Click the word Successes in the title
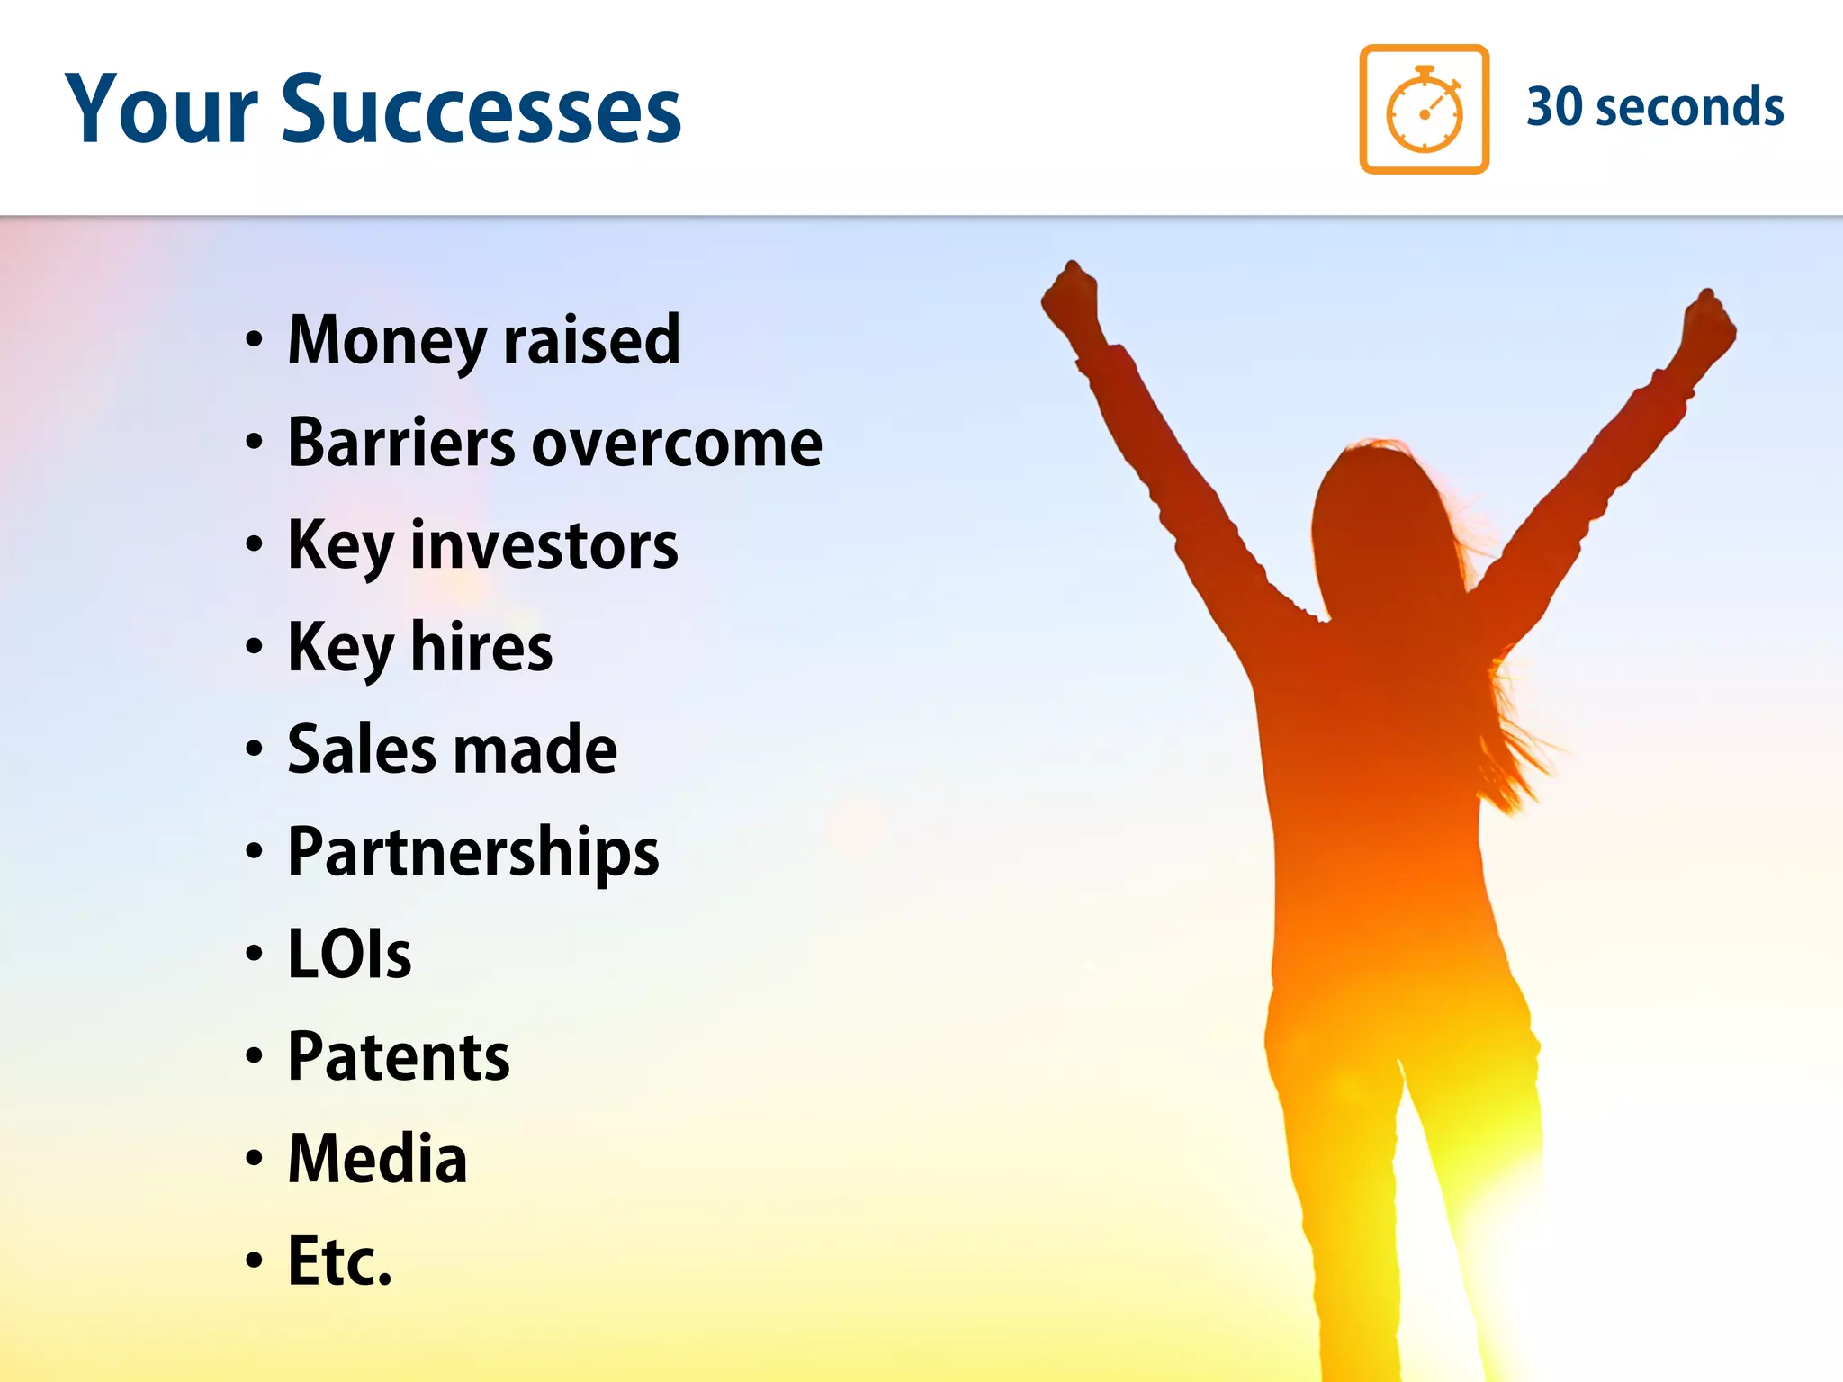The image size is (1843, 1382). click(x=481, y=110)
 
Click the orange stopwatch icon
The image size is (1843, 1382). click(x=1424, y=109)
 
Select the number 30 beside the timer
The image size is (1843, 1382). click(x=1554, y=107)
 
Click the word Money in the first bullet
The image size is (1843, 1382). click(x=387, y=342)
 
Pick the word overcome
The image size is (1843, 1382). click(x=677, y=444)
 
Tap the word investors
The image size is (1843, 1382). click(x=544, y=546)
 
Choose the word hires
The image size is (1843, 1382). click(x=481, y=648)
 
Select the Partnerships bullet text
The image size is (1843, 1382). click(x=473, y=853)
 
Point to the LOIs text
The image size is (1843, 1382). click(x=349, y=955)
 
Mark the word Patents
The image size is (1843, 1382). click(x=399, y=1057)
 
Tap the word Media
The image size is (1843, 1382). click(x=377, y=1159)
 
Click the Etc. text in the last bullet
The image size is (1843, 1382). click(x=339, y=1261)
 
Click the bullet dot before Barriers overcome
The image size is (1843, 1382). click(x=255, y=443)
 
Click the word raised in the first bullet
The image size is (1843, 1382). click(x=591, y=342)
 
